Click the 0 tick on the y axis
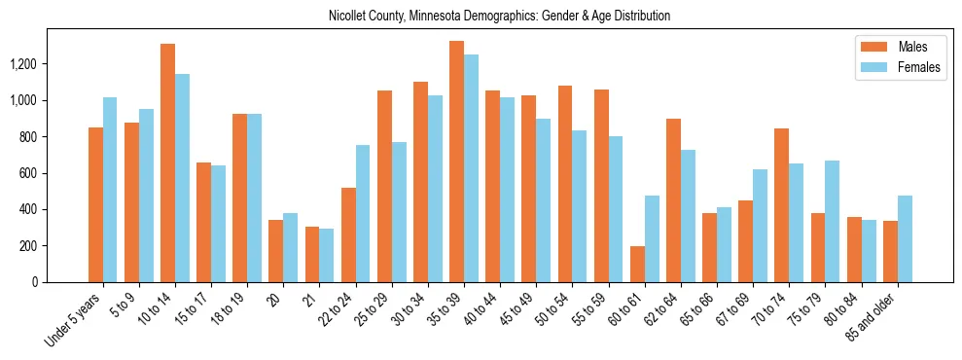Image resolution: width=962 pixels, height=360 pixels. pos(61,282)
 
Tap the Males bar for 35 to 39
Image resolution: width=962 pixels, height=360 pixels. pos(456,162)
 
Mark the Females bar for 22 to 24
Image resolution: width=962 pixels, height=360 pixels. pos(363,214)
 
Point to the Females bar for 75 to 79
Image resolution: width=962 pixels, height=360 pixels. pos(833,222)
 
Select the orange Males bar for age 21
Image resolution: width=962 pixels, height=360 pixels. pos(312,255)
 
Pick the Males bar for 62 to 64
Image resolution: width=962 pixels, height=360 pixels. pos(673,200)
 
